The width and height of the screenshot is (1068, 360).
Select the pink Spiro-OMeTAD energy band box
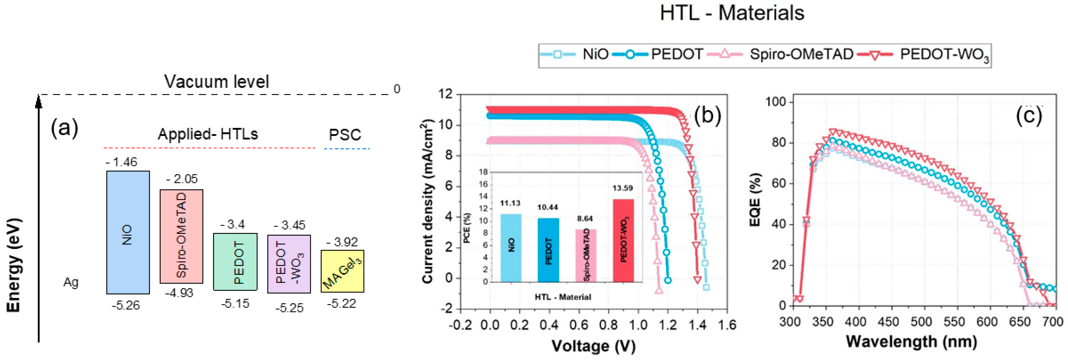coord(181,236)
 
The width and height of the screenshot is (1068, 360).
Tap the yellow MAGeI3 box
coord(342,271)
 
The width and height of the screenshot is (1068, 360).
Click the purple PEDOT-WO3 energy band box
coord(289,264)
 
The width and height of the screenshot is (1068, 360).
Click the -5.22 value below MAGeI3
coord(341,304)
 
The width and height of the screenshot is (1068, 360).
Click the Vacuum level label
coord(216,82)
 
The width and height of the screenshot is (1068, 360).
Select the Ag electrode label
coord(71,282)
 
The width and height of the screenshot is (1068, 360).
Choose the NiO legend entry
coord(574,54)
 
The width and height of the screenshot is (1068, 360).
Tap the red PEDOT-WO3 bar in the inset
coord(623,241)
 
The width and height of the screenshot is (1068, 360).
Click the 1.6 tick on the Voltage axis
coord(726,325)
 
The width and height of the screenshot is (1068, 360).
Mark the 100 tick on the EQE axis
coord(775,102)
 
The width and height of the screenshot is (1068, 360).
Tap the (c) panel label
coord(1029,116)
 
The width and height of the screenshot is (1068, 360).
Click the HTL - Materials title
coord(732,13)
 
